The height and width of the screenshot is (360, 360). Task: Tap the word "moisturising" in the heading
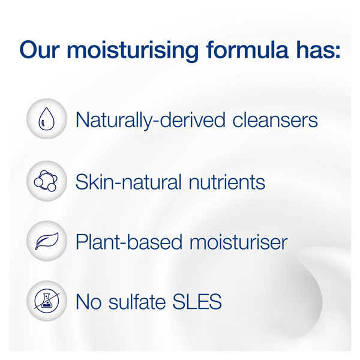(133, 51)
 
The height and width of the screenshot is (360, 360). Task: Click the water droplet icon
(47, 119)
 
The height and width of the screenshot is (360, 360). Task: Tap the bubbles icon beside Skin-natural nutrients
(46, 181)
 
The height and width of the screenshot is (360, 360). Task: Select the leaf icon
(47, 241)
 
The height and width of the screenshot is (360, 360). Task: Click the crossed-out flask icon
(47, 301)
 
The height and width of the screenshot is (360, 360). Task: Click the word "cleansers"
(275, 120)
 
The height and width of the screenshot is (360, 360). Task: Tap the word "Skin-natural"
(128, 182)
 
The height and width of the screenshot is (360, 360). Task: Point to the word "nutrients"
(227, 182)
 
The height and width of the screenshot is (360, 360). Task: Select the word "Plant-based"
(128, 242)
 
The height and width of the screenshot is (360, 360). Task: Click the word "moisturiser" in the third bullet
(238, 242)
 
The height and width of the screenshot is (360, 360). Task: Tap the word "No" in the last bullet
(89, 301)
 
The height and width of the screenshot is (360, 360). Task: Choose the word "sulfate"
(137, 301)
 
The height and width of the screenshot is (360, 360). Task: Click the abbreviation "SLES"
(197, 301)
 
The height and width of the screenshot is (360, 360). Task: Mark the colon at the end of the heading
(337, 52)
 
